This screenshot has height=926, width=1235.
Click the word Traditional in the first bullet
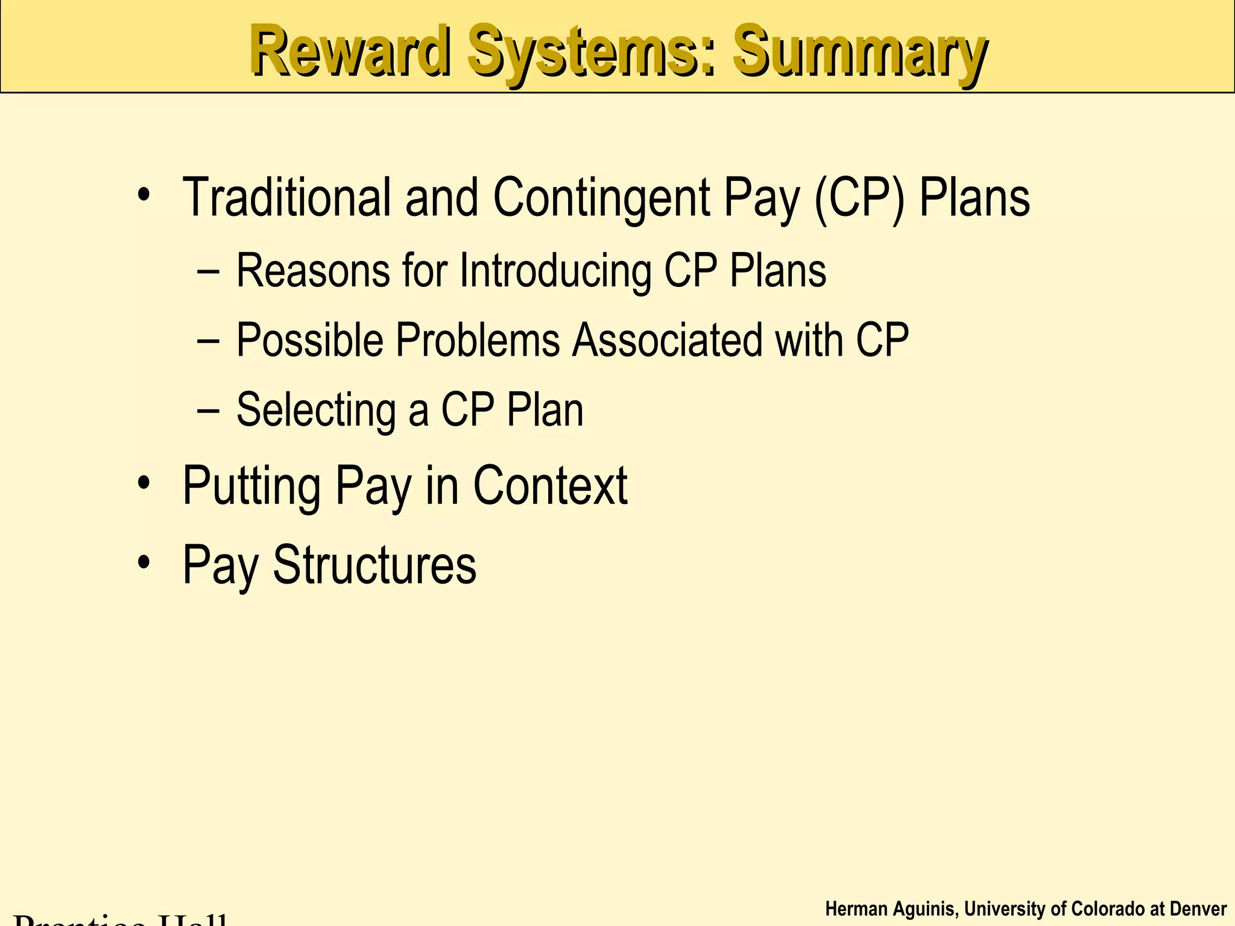(x=286, y=197)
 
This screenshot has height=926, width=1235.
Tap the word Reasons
(x=313, y=271)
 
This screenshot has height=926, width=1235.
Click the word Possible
(x=309, y=341)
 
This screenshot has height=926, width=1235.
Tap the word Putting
(x=251, y=487)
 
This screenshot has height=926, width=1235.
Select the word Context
(x=550, y=486)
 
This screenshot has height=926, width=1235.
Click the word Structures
(x=374, y=565)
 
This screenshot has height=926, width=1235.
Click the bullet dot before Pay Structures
(x=143, y=563)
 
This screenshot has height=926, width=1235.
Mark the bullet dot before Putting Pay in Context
(x=143, y=483)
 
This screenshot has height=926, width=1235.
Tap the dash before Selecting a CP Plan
(x=208, y=411)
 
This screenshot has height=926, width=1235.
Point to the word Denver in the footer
(x=1198, y=909)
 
